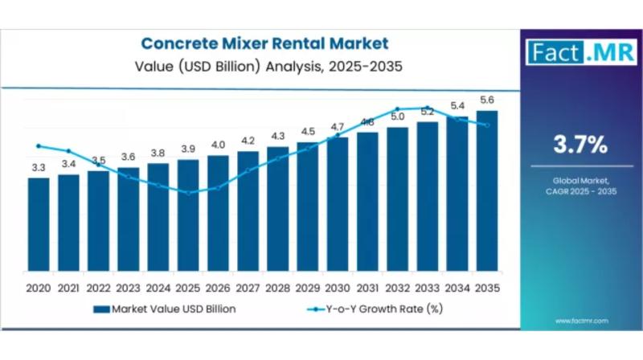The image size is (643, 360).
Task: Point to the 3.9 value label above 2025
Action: [x=188, y=149]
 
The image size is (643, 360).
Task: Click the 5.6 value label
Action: [x=487, y=100]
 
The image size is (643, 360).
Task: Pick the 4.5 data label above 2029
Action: [x=308, y=132]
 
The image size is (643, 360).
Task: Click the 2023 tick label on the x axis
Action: [x=128, y=288]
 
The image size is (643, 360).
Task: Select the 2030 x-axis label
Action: [x=338, y=288]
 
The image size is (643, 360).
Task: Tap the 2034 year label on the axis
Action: [x=457, y=288]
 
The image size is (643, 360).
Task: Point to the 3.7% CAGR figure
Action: [x=580, y=145]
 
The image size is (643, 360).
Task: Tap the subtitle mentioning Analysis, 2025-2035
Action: [x=265, y=66]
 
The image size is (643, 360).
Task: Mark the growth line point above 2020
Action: [x=39, y=145]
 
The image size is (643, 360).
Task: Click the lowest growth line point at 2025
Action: [x=188, y=193]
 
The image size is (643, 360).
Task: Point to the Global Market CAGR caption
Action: [x=580, y=186]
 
